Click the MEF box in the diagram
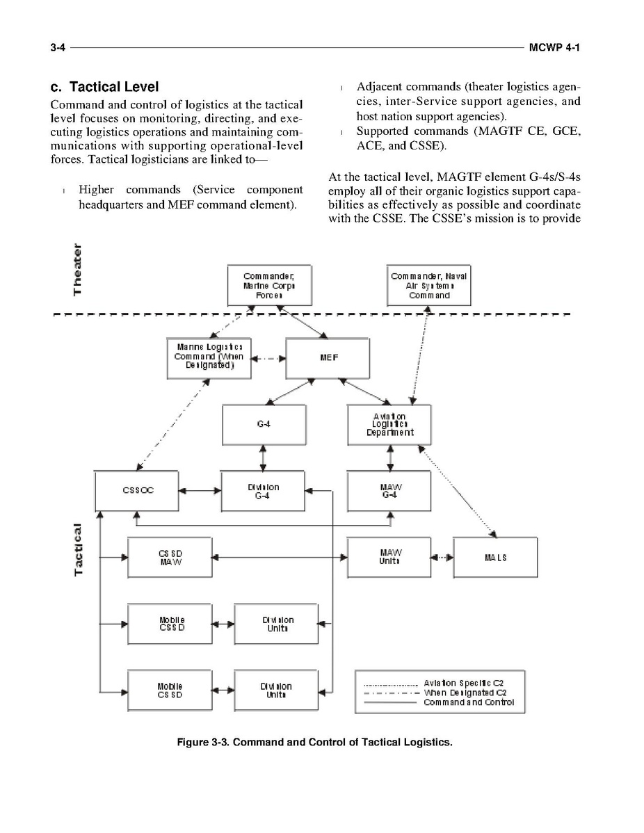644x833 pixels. (328, 358)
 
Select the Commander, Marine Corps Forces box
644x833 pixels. (269, 285)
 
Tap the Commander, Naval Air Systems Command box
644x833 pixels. (428, 285)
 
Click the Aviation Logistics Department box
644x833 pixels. (389, 424)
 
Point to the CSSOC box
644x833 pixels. (136, 490)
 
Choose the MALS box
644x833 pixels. (494, 557)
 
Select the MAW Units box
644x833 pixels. (389, 557)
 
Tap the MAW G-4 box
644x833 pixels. (389, 491)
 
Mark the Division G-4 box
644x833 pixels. (263, 491)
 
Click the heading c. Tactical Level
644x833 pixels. (104, 87)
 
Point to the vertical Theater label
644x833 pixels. (79, 269)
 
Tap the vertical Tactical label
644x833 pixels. (79, 549)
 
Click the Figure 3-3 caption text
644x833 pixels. (314, 742)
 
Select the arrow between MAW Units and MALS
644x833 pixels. (442, 557)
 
